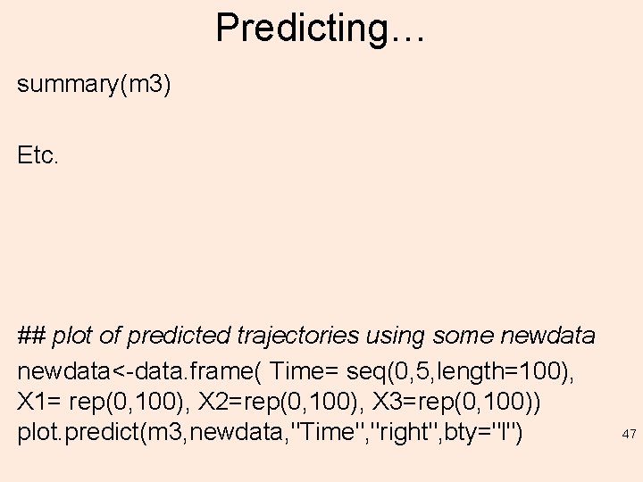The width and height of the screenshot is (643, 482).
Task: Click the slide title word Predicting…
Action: tap(321, 28)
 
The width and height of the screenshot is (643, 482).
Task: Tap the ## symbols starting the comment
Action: tap(31, 337)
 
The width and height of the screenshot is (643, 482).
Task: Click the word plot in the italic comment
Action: tap(71, 337)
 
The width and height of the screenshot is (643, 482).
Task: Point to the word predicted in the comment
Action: tap(170, 337)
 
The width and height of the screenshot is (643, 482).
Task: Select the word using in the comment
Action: tap(395, 337)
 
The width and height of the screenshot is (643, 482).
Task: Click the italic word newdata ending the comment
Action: tap(548, 337)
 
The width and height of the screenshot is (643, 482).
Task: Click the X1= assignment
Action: tap(38, 402)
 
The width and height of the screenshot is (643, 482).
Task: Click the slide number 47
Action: tap(629, 435)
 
